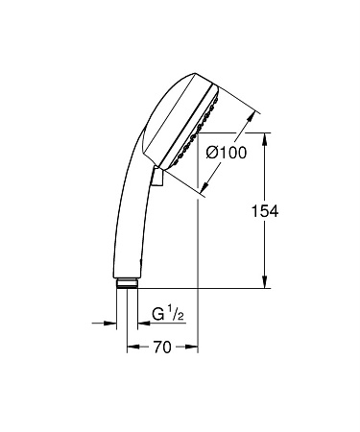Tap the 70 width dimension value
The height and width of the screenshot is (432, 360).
(x=161, y=348)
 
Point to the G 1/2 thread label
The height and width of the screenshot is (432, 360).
(x=170, y=314)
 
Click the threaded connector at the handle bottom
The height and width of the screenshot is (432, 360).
(x=127, y=283)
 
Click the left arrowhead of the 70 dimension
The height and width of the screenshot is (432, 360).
(x=132, y=348)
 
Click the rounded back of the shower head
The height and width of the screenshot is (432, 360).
(x=158, y=115)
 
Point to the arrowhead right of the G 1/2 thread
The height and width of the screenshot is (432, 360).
(x=147, y=322)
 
